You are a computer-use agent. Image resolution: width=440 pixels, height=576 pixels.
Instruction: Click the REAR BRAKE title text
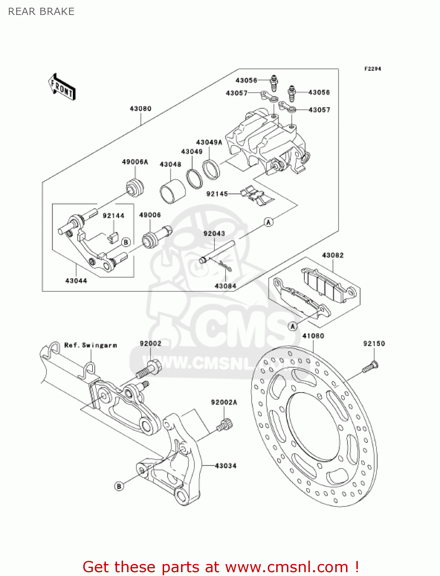click(41, 12)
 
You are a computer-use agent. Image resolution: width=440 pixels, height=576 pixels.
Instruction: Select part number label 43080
click(140, 109)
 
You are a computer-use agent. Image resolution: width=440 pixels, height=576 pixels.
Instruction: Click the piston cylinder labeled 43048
click(172, 191)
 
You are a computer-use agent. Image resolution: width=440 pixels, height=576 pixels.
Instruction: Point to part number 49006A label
click(135, 162)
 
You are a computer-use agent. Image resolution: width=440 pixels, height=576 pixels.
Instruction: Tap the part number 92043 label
click(214, 233)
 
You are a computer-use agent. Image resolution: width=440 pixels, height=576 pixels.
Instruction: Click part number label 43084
click(225, 286)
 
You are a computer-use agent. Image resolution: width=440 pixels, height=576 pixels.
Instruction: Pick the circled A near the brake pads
click(293, 326)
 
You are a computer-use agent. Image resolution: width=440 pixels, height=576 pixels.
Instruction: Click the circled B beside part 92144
click(126, 242)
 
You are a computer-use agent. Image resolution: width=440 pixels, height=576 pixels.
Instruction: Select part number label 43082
click(333, 255)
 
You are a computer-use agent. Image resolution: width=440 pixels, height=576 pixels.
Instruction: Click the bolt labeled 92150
click(370, 367)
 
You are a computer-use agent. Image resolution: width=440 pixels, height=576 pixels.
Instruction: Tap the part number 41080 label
click(313, 336)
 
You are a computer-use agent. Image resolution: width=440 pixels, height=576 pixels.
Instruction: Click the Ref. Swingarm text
click(91, 345)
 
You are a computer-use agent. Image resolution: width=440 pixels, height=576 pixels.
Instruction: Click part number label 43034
click(226, 466)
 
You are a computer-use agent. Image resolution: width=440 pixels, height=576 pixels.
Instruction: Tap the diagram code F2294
click(372, 69)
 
